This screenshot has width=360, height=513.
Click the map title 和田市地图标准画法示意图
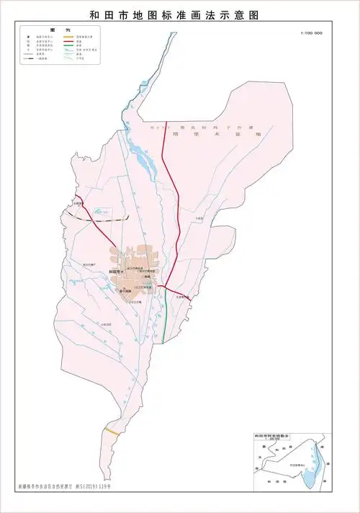[x=180, y=14]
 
